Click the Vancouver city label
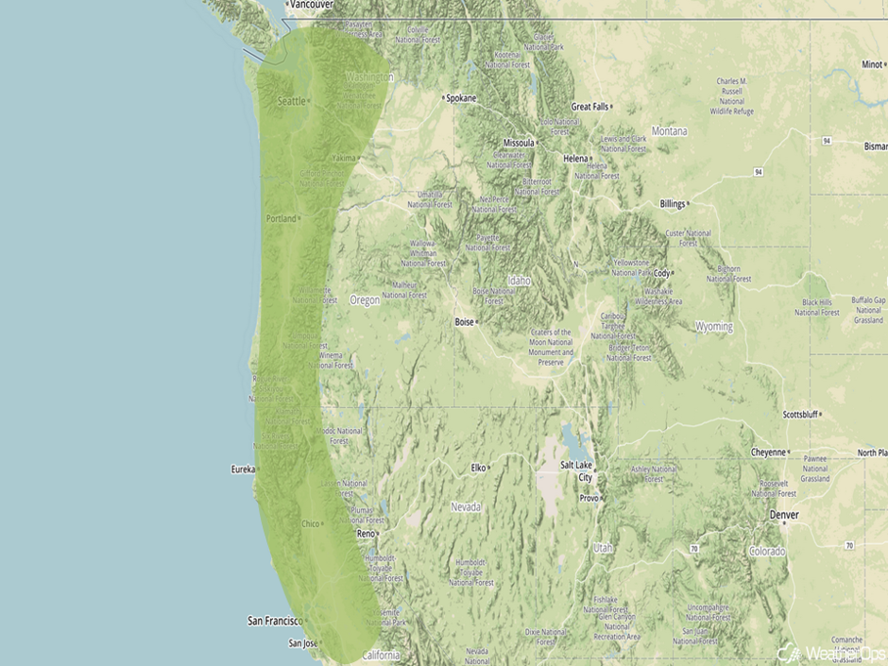click(312, 5)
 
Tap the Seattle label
click(292, 101)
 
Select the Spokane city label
click(461, 98)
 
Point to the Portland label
click(282, 218)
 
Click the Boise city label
click(464, 322)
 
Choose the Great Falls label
click(589, 107)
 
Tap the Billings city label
click(672, 204)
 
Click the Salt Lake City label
click(579, 470)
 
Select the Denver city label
click(784, 515)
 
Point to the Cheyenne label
click(768, 453)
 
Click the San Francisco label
click(274, 621)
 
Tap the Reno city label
click(366, 534)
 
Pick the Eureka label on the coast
click(243, 469)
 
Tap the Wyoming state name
click(713, 327)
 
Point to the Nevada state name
click(466, 507)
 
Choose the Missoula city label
click(519, 143)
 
